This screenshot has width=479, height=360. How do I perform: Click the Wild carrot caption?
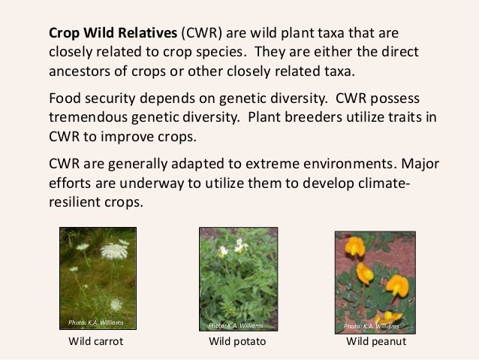97,342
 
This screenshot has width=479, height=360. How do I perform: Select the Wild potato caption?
237,342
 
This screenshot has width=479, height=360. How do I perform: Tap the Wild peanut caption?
375,342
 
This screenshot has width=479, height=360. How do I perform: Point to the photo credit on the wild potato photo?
236,325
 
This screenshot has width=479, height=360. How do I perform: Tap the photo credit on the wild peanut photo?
372,326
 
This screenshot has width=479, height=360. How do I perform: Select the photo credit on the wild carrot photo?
95,322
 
